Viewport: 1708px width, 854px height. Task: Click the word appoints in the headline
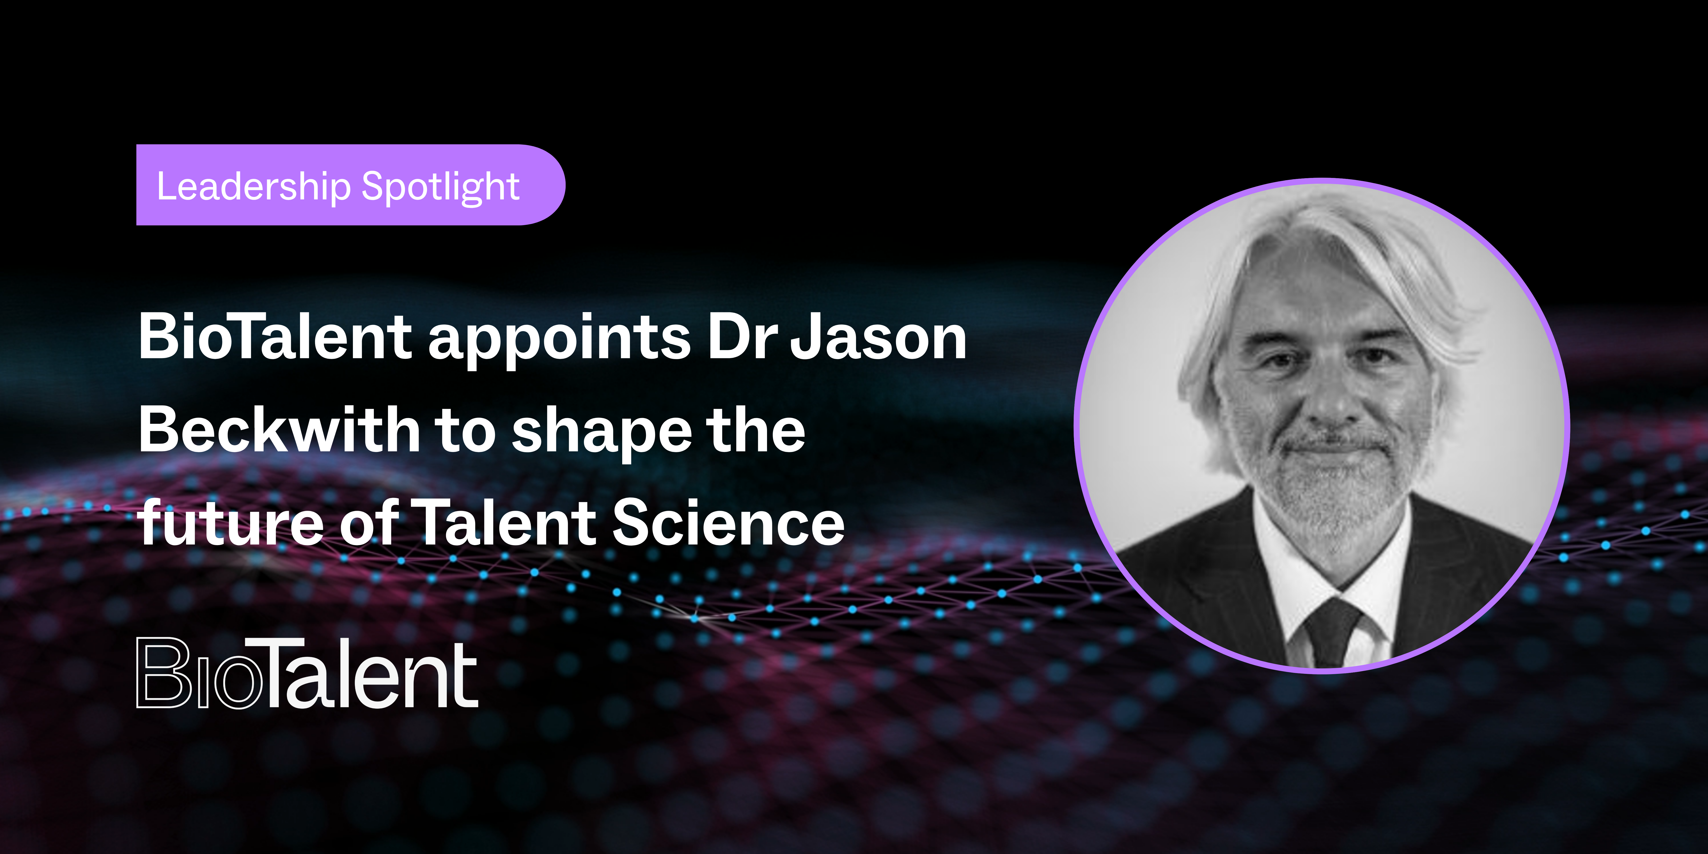coord(559,342)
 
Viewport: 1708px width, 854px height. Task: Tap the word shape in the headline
coord(602,434)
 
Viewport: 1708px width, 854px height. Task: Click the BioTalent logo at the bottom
coord(307,673)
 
